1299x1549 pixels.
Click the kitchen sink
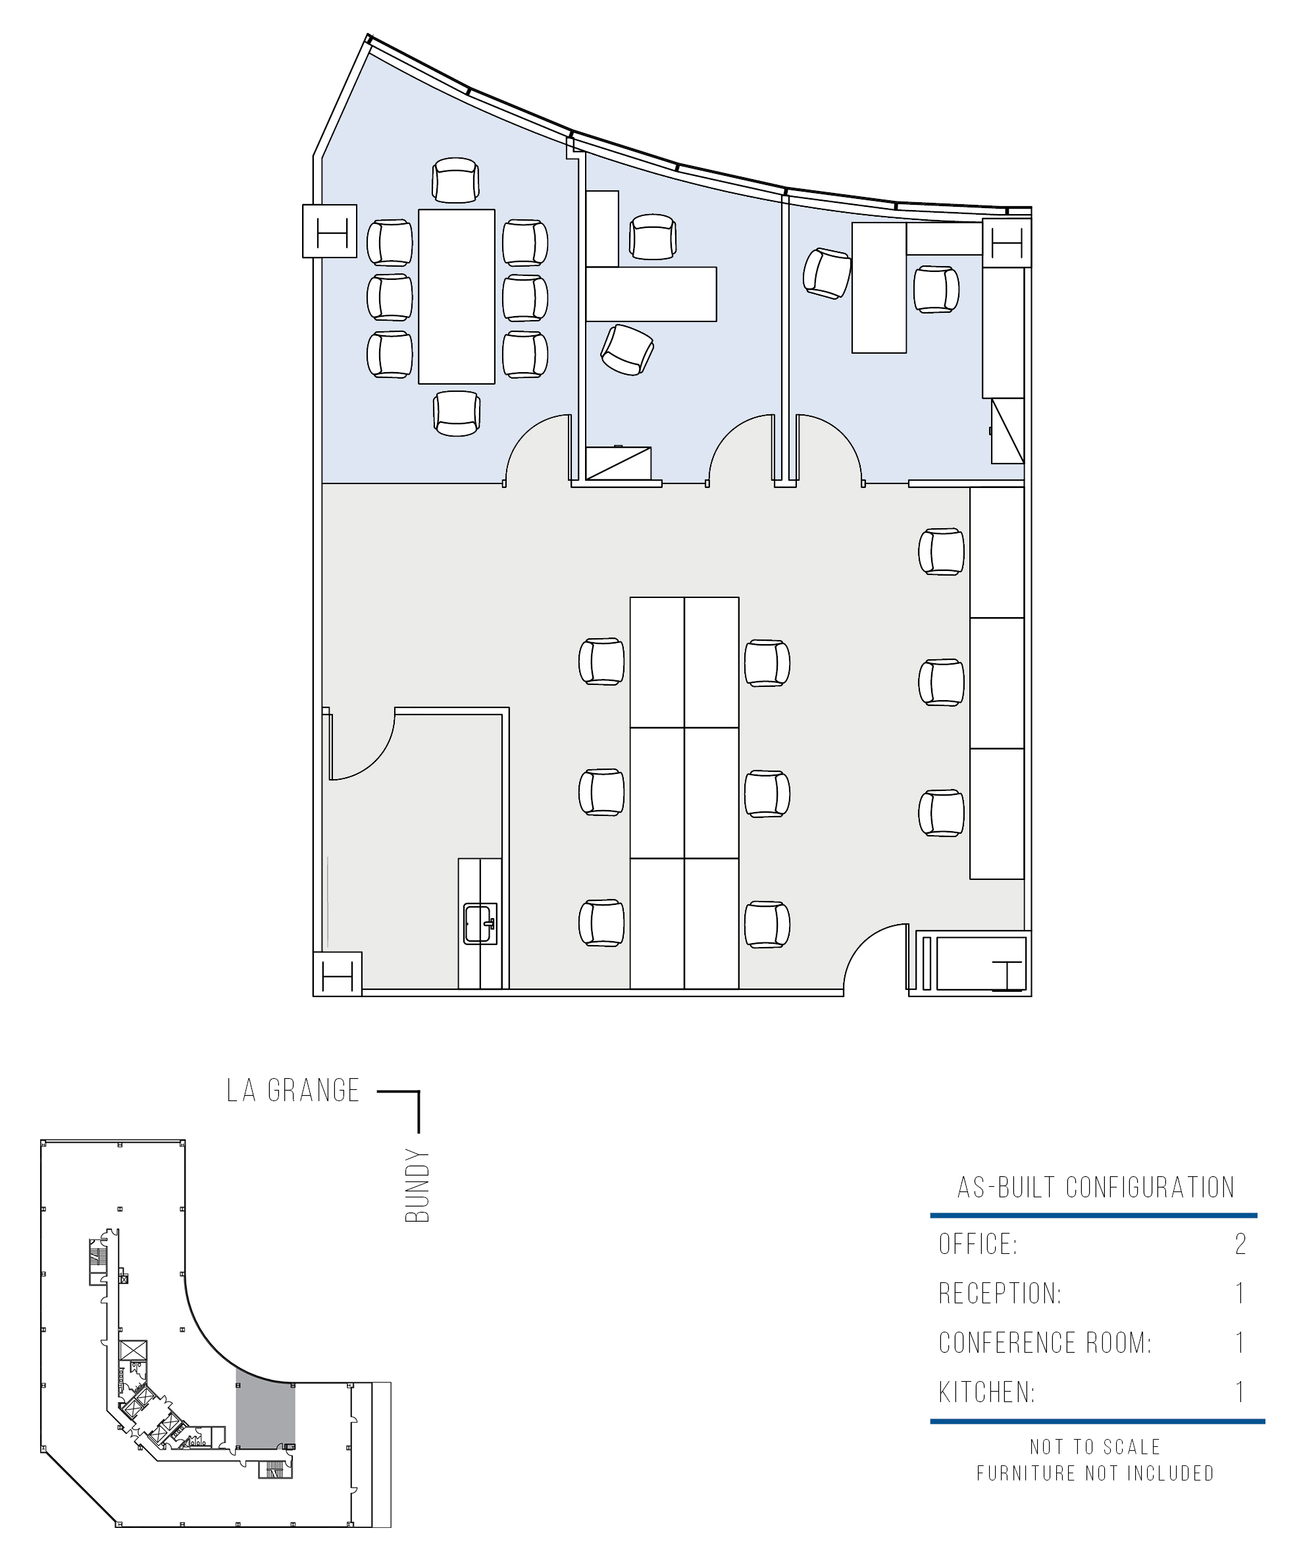tap(480, 923)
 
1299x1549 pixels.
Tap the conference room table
tap(456, 296)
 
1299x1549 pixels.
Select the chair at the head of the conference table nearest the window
tap(456, 180)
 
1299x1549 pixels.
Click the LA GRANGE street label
tap(293, 1090)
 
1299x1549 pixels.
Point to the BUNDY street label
tap(417, 1185)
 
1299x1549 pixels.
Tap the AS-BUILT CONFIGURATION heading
tap(1096, 1187)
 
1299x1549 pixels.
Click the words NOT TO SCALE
tap(1095, 1467)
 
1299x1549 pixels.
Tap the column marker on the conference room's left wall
tap(330, 231)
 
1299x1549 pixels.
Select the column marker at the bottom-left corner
tap(338, 975)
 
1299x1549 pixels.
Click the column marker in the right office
tap(1007, 242)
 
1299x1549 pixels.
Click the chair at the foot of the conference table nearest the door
tap(457, 413)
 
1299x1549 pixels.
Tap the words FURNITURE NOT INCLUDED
tap(1095, 1494)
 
